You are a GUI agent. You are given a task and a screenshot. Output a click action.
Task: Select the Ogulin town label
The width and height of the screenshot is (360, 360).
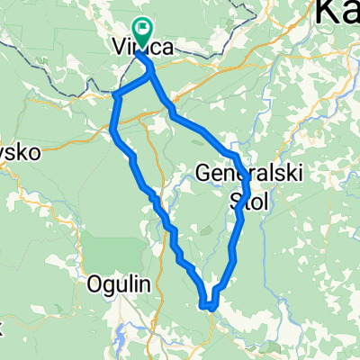[x=117, y=284]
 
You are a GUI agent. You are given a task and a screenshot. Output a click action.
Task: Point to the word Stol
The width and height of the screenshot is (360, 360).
[x=250, y=199]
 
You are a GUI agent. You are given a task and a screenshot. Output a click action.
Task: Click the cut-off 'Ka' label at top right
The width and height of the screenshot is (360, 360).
[x=337, y=12]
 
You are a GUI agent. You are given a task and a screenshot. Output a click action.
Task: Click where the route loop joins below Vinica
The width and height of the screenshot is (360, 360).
[x=150, y=77]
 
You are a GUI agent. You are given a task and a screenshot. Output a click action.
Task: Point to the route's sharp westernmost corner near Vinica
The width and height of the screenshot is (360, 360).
[x=115, y=94]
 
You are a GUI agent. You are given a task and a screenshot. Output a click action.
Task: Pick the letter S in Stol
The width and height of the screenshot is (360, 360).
[x=237, y=199]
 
